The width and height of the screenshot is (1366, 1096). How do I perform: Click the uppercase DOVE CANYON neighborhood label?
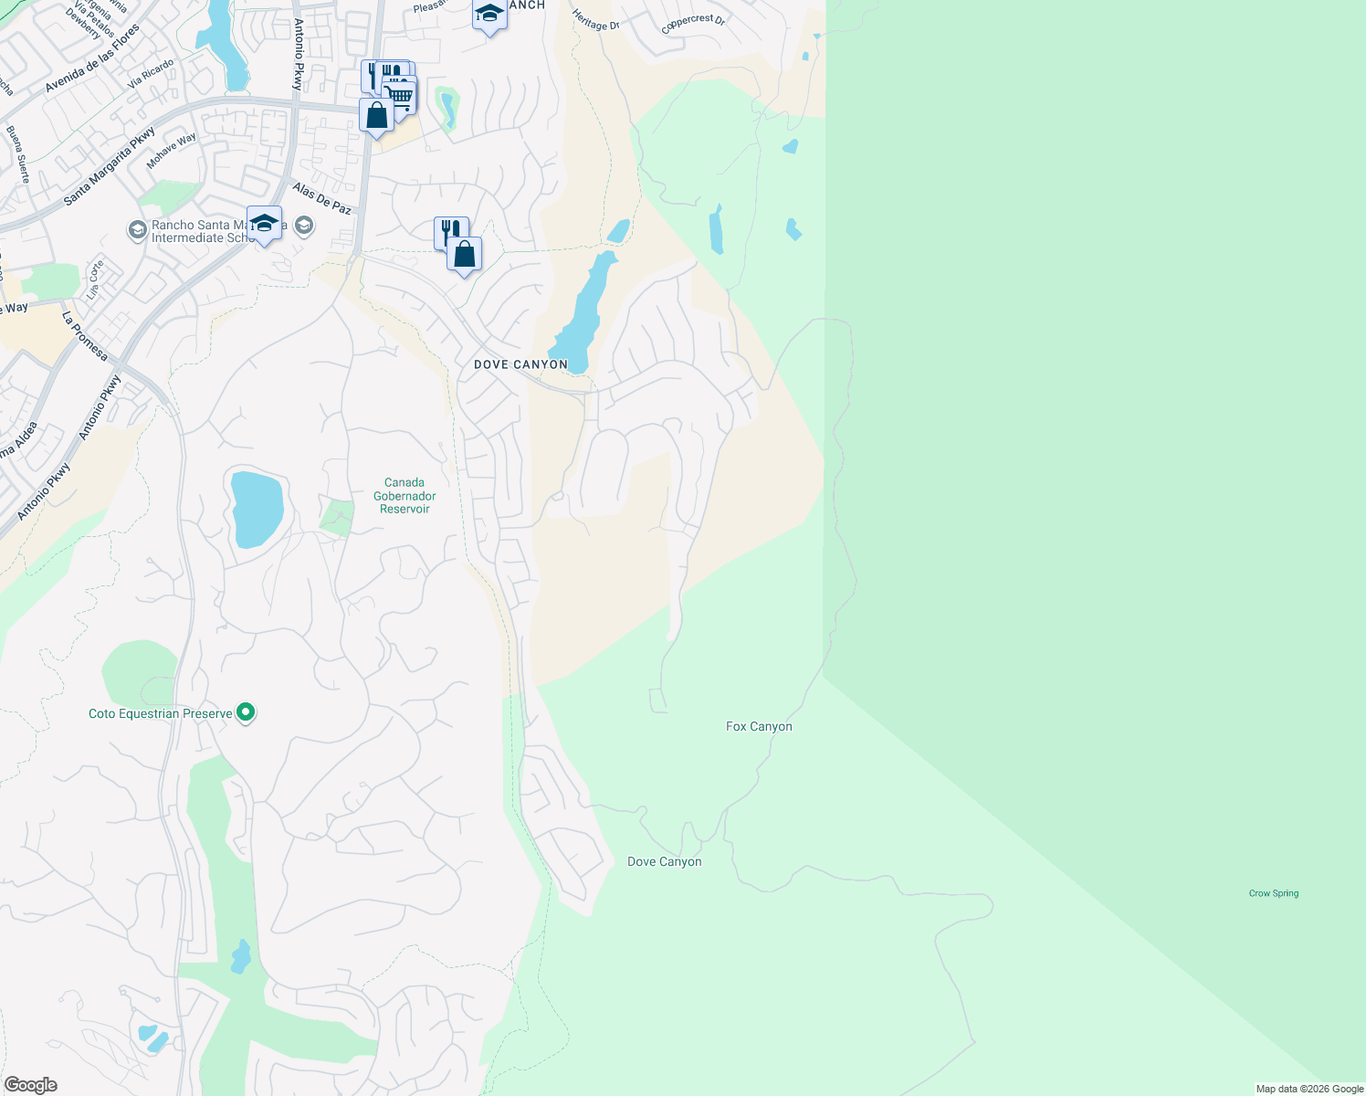pyautogui.click(x=520, y=364)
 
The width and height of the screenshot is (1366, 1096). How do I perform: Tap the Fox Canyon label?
pyautogui.click(x=759, y=727)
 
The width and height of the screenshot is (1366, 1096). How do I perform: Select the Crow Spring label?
pyautogui.click(x=1273, y=893)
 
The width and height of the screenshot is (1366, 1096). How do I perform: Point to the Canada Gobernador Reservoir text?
pyautogui.click(x=405, y=496)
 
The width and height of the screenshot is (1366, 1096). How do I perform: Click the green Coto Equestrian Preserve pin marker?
pyautogui.click(x=246, y=712)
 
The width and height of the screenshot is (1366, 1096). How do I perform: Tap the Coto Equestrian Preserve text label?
pyautogui.click(x=160, y=713)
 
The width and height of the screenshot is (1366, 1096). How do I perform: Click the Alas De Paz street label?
pyautogui.click(x=321, y=199)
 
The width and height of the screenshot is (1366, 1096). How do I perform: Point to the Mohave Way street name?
pyautogui.click(x=172, y=152)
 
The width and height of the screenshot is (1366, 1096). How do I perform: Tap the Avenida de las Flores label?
pyautogui.click(x=93, y=58)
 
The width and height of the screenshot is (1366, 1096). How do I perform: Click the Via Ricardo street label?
pyautogui.click(x=151, y=73)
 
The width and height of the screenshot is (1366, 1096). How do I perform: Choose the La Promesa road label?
pyautogui.click(x=84, y=335)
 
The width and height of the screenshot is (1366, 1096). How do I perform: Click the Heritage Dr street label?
pyautogui.click(x=595, y=20)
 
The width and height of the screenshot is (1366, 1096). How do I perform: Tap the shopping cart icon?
pyautogui.click(x=400, y=95)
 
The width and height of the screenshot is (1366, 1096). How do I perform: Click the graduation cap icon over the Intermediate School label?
pyautogui.click(x=264, y=224)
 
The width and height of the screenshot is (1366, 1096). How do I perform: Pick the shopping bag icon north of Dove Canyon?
pyautogui.click(x=464, y=254)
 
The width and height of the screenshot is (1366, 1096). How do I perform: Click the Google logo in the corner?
pyautogui.click(x=31, y=1085)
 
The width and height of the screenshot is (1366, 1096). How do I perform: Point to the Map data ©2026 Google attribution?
pyautogui.click(x=1309, y=1089)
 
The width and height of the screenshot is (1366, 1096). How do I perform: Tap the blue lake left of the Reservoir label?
pyautogui.click(x=257, y=510)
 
